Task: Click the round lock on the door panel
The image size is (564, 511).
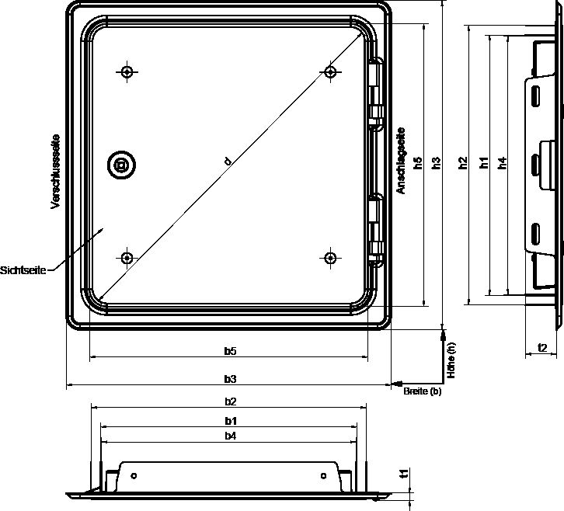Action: tap(121, 165)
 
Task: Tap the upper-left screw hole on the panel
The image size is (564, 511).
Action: tap(127, 72)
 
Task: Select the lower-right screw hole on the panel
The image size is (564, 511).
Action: tap(330, 258)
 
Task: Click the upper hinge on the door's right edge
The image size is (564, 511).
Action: tap(376, 93)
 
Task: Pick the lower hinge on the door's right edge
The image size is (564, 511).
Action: tap(376, 230)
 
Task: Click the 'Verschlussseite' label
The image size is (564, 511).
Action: tap(55, 172)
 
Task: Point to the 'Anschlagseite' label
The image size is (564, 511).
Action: tap(401, 161)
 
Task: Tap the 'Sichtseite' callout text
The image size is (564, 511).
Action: tap(23, 270)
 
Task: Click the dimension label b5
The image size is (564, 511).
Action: tap(230, 350)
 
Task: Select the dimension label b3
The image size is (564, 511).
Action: tap(230, 379)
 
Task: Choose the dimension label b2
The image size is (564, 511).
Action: tap(231, 401)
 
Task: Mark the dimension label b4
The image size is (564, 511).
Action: tap(231, 436)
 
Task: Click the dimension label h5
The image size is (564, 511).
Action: tap(418, 163)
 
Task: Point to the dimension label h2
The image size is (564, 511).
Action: tap(463, 163)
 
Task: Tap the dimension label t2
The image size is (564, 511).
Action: tap(542, 348)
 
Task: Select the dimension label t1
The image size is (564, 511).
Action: tap(404, 474)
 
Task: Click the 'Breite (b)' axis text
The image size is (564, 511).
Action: tap(423, 391)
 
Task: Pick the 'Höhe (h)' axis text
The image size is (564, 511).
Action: tap(451, 360)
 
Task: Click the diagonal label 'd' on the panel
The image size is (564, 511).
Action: tap(228, 161)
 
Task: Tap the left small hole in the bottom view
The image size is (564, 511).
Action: tap(134, 476)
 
